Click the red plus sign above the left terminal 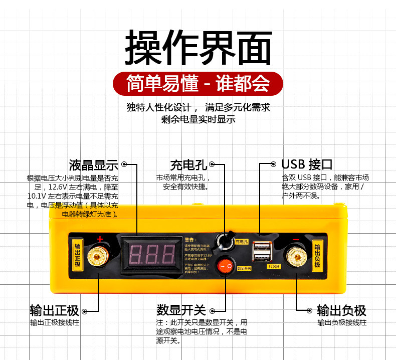[x=100, y=239]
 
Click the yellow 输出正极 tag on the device [x=77, y=255]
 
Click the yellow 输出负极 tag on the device [x=317, y=255]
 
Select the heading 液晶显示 [x=93, y=165]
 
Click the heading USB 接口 [x=307, y=164]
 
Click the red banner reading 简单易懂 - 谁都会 [x=198, y=83]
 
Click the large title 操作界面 [x=198, y=48]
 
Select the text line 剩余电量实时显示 [x=198, y=119]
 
